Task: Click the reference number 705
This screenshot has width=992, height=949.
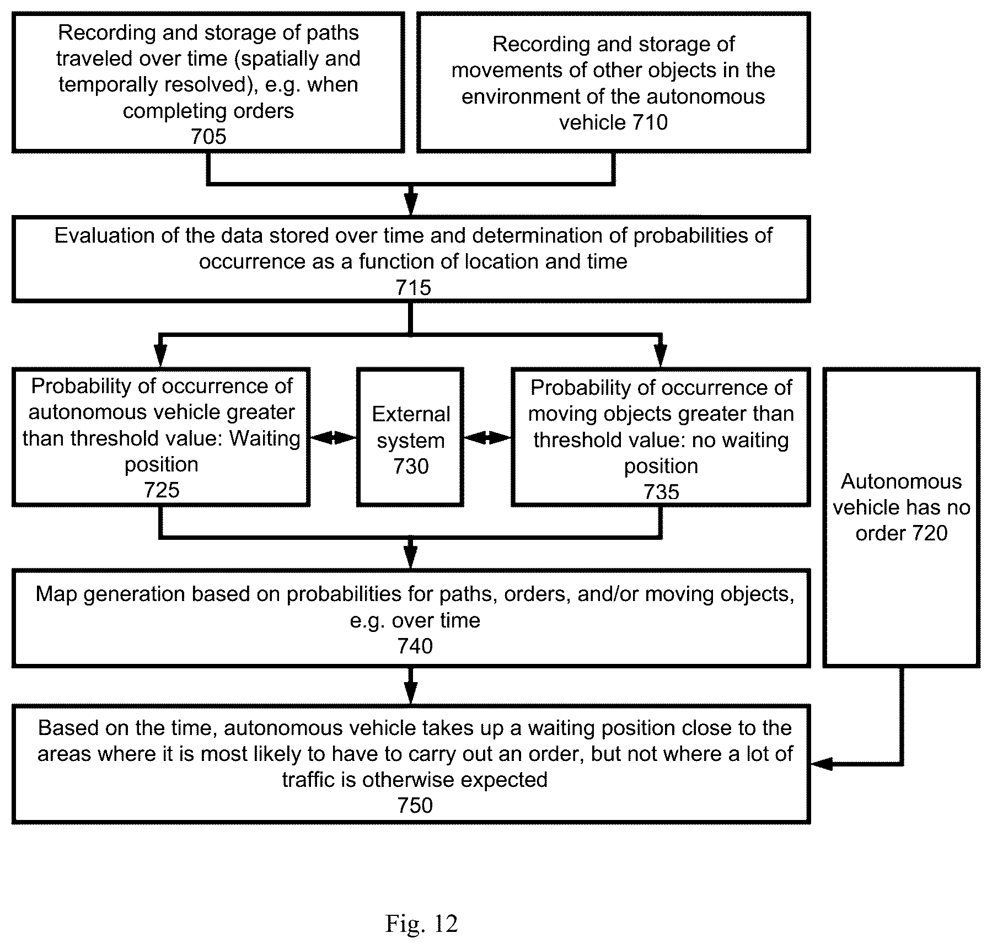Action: [x=208, y=136]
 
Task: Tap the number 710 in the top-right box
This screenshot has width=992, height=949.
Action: [x=650, y=122]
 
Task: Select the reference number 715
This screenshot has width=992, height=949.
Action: [x=413, y=287]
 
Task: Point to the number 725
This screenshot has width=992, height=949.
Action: [x=162, y=490]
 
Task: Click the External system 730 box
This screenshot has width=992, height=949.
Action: [x=410, y=437]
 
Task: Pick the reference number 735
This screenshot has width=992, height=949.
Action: [x=661, y=491]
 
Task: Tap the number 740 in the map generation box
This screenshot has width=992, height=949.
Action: [x=415, y=646]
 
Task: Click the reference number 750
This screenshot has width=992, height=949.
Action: [x=415, y=806]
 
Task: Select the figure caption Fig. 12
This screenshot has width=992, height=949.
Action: [x=422, y=924]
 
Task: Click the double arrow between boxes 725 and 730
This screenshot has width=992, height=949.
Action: [x=333, y=438]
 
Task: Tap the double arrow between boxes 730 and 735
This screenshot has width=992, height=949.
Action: [x=487, y=438]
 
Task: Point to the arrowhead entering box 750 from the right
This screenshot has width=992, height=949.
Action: [x=820, y=764]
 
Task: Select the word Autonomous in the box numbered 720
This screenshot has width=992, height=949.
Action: [x=901, y=481]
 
